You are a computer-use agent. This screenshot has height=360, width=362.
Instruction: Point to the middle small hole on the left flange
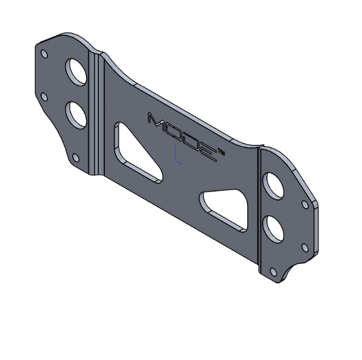44,96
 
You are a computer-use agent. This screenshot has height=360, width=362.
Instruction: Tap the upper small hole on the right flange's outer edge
305,204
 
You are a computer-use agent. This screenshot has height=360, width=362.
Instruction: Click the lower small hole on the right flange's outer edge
305,247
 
